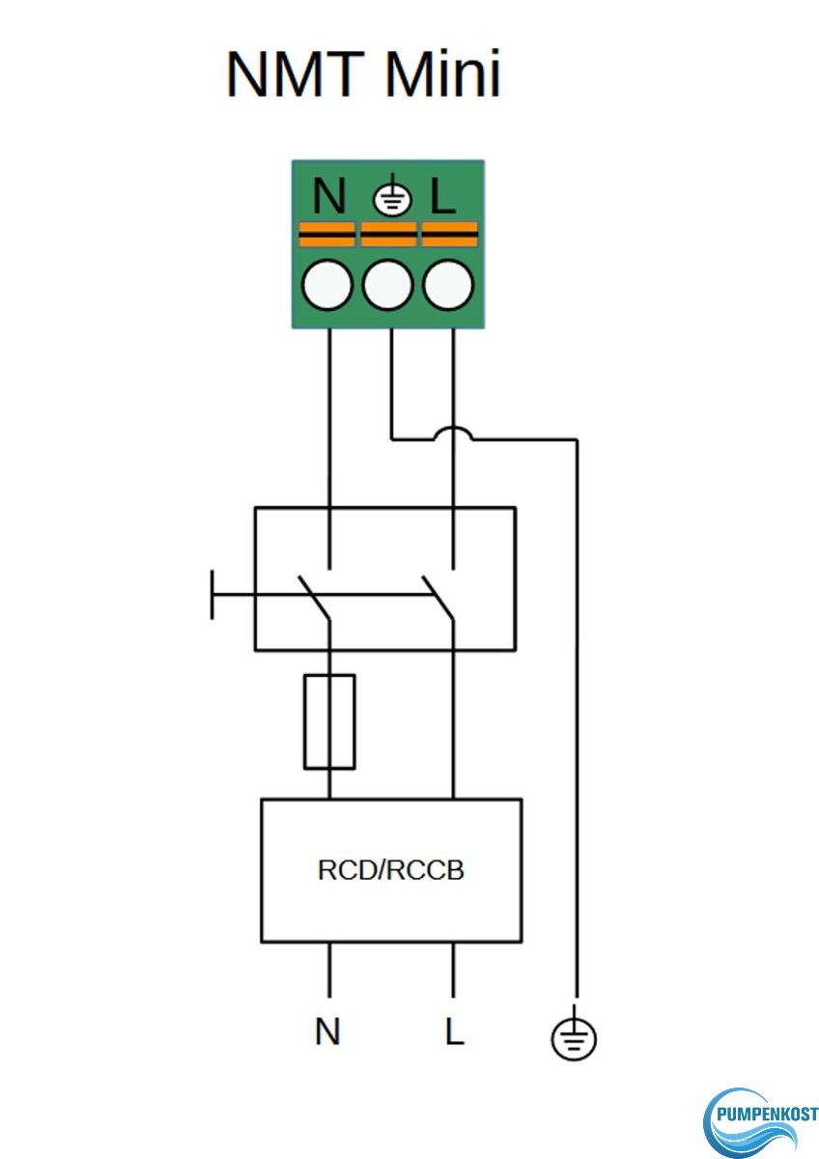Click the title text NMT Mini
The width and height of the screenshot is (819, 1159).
coord(363,74)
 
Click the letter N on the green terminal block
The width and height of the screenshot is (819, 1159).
coord(329,197)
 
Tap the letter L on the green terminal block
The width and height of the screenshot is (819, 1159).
coord(442,197)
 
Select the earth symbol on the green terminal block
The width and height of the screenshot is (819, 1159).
coord(391,199)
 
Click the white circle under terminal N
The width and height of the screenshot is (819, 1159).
coord(326,286)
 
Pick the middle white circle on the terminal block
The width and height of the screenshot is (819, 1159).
coord(388,286)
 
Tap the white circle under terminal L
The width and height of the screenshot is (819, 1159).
coord(450,286)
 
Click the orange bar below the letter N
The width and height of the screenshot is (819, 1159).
coord(326,234)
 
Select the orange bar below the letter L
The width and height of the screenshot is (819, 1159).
coord(450,234)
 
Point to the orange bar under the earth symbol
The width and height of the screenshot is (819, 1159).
coord(388,234)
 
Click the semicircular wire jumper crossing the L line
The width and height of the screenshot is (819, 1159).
coord(453,434)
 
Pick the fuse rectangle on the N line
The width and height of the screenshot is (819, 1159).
coord(329,721)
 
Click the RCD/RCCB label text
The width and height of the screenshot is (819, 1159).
coord(391,870)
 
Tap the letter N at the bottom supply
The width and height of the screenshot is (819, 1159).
coord(327,1032)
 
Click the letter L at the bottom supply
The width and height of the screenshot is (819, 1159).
coord(454,1032)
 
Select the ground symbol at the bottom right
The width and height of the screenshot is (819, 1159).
coord(575,1038)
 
